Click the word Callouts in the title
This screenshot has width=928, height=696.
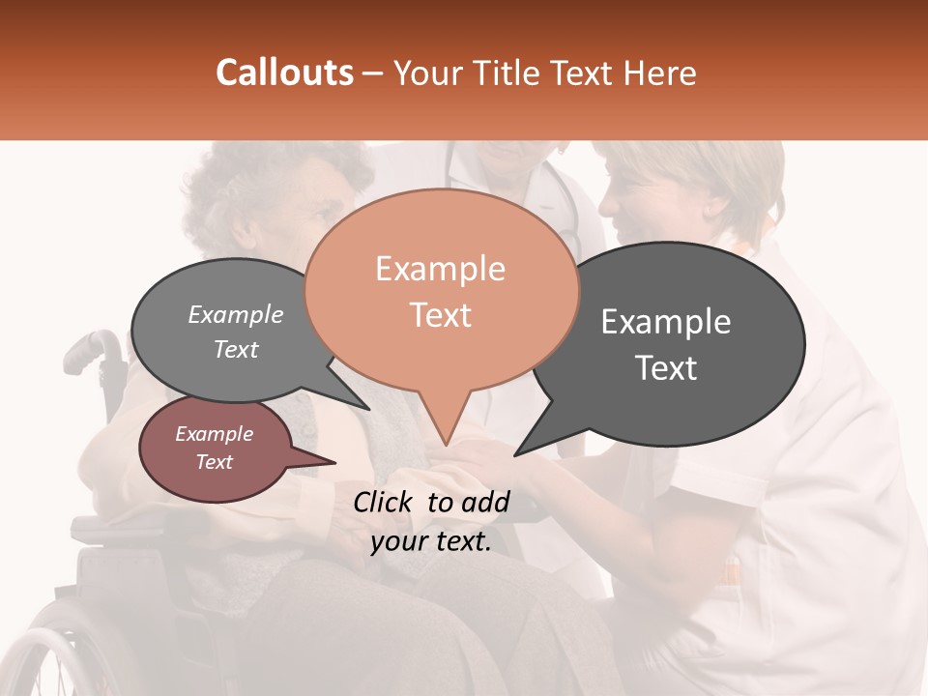click(x=284, y=72)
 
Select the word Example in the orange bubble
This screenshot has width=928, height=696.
click(x=440, y=269)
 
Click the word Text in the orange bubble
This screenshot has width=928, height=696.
click(x=440, y=315)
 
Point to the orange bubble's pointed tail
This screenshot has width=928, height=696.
click(x=445, y=442)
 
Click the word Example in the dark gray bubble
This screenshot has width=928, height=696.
click(x=666, y=322)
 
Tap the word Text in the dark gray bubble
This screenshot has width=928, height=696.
click(x=666, y=368)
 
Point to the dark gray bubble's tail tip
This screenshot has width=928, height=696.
click(x=517, y=453)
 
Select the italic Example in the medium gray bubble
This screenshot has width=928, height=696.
click(x=235, y=315)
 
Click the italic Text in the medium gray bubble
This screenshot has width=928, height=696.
click(x=235, y=349)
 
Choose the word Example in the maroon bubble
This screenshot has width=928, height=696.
click(x=214, y=434)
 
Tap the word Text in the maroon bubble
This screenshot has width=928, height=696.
click(x=214, y=462)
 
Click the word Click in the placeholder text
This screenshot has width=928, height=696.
click(x=385, y=502)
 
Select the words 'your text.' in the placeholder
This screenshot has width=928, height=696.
click(x=430, y=542)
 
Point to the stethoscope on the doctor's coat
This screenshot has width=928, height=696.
click(x=565, y=213)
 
